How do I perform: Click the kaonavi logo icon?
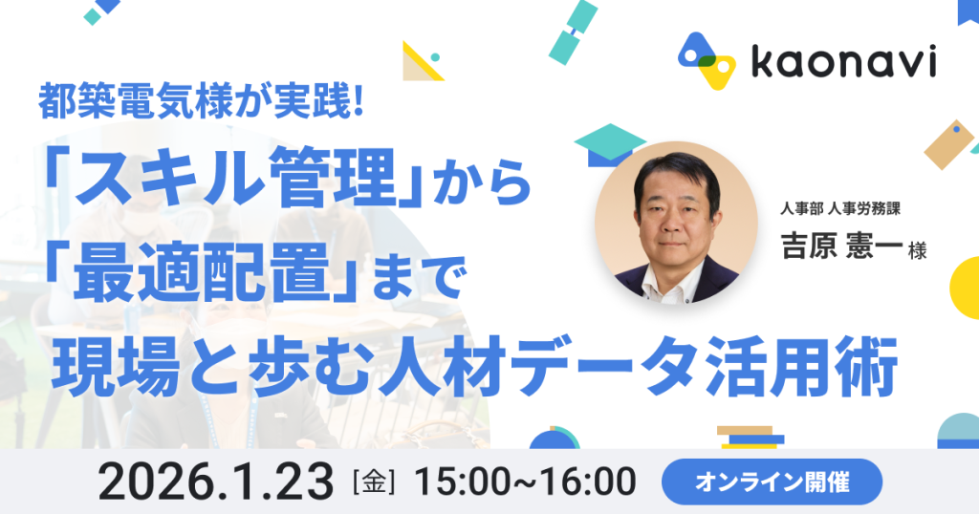point(707,60)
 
